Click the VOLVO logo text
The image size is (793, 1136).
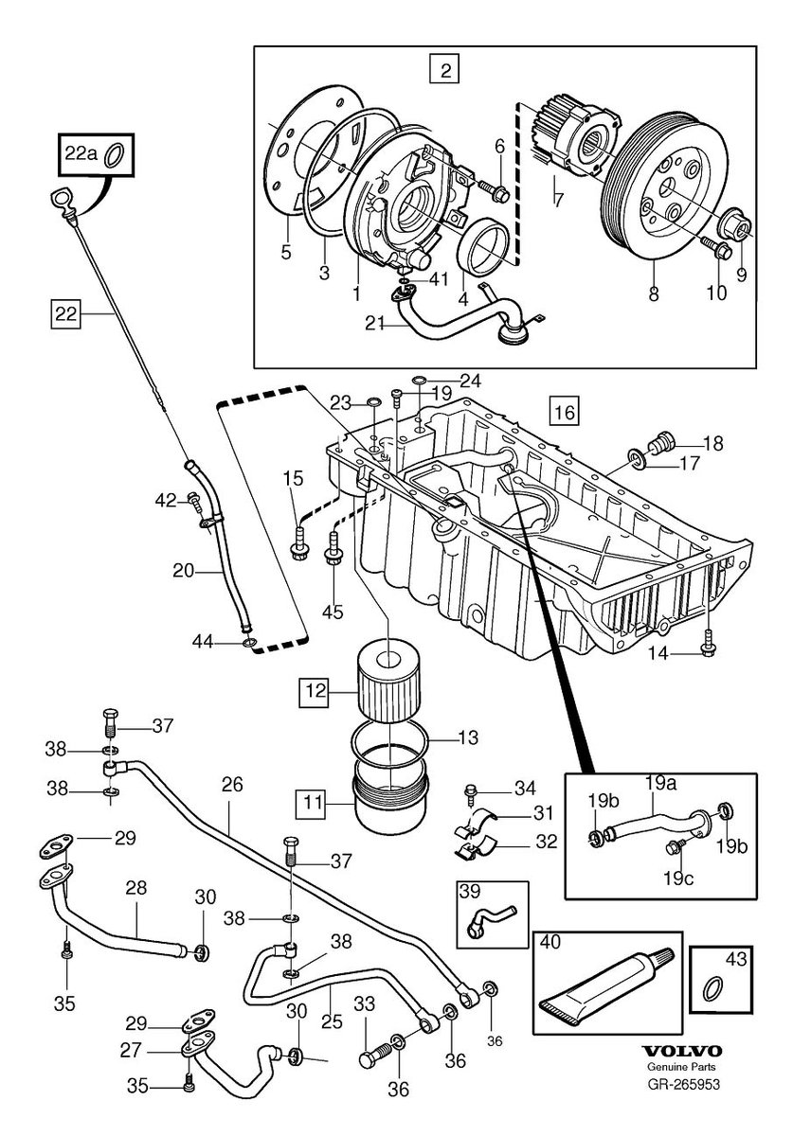coord(682,1052)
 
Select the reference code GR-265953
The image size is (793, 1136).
coord(682,1085)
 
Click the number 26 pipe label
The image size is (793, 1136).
coord(233,784)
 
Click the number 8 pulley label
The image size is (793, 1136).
coord(653,294)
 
